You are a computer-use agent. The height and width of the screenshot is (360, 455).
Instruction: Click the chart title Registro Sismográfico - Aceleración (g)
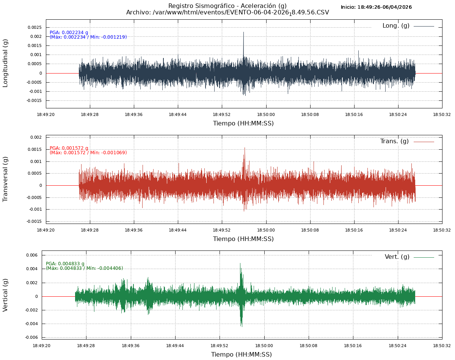(x=227, y=6)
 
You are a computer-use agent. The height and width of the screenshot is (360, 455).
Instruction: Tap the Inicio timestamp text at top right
(x=376, y=7)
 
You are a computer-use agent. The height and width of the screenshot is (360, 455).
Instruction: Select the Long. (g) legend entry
(x=396, y=26)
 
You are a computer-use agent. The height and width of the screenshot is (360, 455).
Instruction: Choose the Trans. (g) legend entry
(x=394, y=141)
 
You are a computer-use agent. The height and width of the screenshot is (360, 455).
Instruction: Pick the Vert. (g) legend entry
(x=397, y=257)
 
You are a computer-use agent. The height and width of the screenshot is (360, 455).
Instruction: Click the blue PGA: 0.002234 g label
(x=69, y=33)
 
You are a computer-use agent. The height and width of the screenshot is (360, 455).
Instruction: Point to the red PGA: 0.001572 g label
(x=69, y=148)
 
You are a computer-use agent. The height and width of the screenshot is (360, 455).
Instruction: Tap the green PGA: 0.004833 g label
(x=65, y=264)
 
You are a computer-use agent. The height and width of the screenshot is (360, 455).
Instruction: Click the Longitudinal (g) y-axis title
(x=5, y=63)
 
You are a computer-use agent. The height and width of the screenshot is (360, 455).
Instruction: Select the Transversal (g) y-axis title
(x=5, y=179)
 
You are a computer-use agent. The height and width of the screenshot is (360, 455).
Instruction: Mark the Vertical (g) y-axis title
(x=5, y=295)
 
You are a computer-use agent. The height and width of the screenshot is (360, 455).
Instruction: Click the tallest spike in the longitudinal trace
(x=243, y=33)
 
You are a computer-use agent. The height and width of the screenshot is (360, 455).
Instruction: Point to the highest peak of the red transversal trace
(x=245, y=148)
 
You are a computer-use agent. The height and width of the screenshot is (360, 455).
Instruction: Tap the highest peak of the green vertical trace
(x=240, y=264)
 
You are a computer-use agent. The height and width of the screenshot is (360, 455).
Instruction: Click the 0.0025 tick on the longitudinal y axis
(x=35, y=27)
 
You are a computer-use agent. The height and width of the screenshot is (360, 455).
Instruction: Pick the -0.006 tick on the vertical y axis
(x=31, y=337)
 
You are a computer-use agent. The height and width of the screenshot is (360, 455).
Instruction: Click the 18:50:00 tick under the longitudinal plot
(x=266, y=114)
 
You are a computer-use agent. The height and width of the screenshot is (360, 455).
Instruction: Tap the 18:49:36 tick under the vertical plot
(x=131, y=346)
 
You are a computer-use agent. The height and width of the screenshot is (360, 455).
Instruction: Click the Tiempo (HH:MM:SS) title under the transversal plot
(x=243, y=239)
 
